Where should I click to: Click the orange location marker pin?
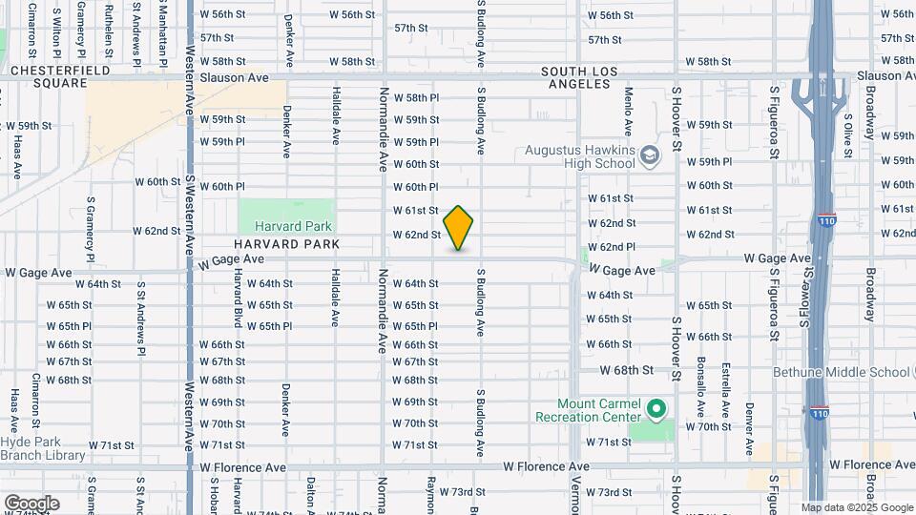pyautogui.click(x=459, y=228)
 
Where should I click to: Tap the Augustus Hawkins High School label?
pyautogui.click(x=579, y=157)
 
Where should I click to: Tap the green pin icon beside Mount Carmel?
pyautogui.click(x=656, y=410)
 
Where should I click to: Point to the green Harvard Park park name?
pyautogui.click(x=293, y=226)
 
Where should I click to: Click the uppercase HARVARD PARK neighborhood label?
pyautogui.click(x=282, y=244)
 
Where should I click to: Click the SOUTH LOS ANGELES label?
pyautogui.click(x=574, y=77)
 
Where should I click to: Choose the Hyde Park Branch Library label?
pyautogui.click(x=43, y=448)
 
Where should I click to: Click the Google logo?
pyautogui.click(x=31, y=503)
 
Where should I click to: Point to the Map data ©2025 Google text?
pyautogui.click(x=856, y=507)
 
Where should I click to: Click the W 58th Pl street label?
pyautogui.click(x=416, y=97)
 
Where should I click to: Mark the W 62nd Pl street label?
pyautogui.click(x=612, y=246)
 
